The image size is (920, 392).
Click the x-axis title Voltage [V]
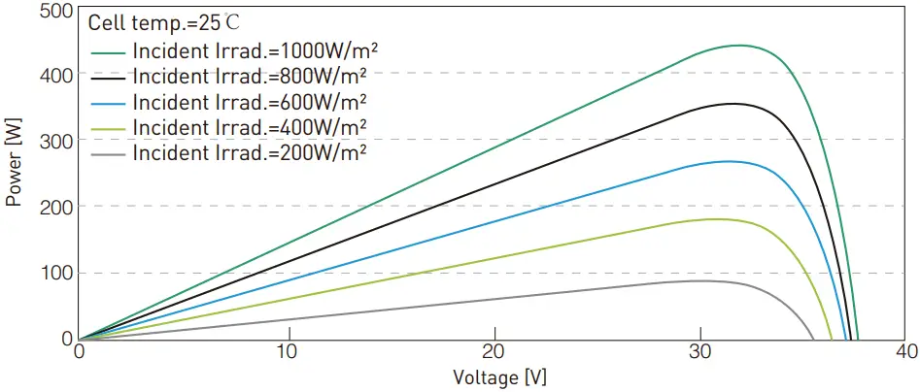point(493,376)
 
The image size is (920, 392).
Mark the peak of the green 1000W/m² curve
point(739,45)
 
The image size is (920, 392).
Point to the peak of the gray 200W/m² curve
point(701,280)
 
